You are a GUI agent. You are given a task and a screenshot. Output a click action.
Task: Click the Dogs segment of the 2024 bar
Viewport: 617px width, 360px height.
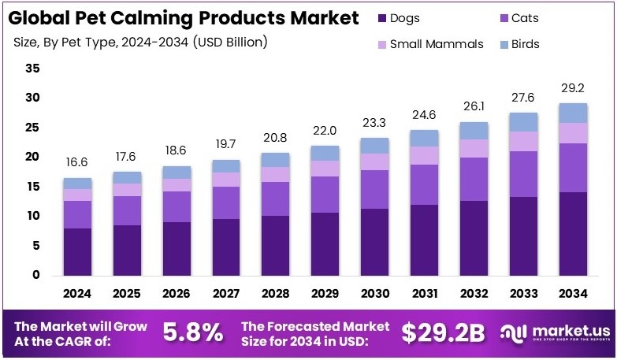coord(78,251)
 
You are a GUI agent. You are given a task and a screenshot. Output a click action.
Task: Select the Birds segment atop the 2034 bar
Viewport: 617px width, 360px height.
coord(573,113)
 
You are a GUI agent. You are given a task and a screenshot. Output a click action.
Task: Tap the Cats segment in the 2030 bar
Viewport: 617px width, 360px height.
coord(375,189)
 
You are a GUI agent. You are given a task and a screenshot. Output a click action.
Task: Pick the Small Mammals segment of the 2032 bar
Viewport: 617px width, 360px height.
coord(474,148)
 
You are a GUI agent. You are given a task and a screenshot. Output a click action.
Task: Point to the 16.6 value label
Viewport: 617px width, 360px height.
coord(78,162)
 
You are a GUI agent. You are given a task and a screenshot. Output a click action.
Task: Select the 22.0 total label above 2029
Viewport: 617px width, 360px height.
coord(325,130)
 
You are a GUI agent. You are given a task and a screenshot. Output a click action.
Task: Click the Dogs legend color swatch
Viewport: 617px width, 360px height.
coord(382,18)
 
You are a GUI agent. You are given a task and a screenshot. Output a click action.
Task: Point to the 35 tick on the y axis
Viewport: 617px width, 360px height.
coord(32,69)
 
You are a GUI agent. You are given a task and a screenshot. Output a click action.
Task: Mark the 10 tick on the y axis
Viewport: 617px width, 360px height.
coord(32,216)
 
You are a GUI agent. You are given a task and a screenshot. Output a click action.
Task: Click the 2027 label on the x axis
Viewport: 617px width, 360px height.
coord(226,293)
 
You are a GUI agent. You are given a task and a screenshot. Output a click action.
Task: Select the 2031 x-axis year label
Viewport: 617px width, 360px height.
coord(424,293)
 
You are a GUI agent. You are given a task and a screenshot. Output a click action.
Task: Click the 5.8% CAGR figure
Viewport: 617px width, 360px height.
coord(192,332)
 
